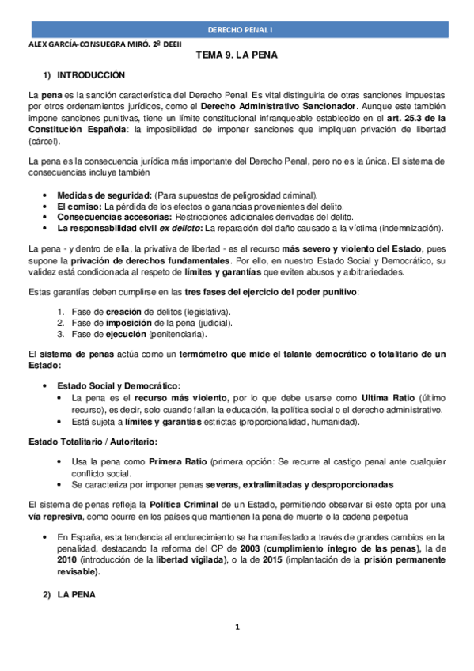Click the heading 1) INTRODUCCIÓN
tap(84, 75)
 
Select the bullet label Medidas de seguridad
tap(106, 195)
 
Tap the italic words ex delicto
tap(180, 228)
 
